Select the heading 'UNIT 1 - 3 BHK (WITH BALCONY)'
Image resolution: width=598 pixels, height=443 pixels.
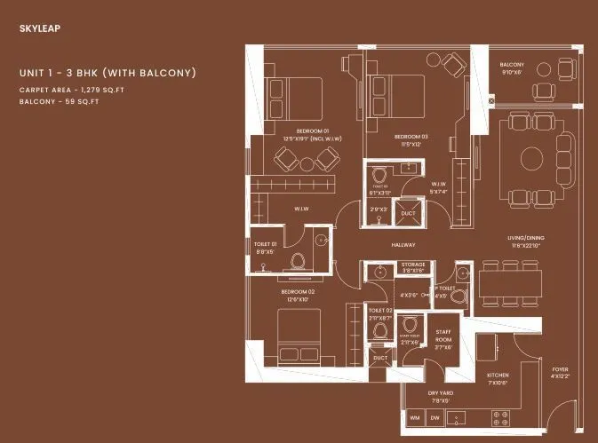pyautogui.click(x=107, y=72)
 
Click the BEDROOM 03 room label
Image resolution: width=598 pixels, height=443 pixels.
pyautogui.click(x=411, y=136)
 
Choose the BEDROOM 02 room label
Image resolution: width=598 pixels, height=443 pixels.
pyautogui.click(x=298, y=291)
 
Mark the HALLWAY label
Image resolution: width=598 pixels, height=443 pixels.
pyautogui.click(x=403, y=244)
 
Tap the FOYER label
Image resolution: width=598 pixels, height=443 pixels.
pyautogui.click(x=560, y=369)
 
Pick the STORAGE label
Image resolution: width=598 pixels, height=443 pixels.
pyautogui.click(x=413, y=265)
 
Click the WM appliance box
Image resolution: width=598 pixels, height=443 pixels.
pyautogui.click(x=414, y=417)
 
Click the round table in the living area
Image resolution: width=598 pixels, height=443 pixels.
pyautogui.click(x=532, y=158)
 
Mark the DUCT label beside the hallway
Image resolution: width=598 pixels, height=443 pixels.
pyautogui.click(x=408, y=213)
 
